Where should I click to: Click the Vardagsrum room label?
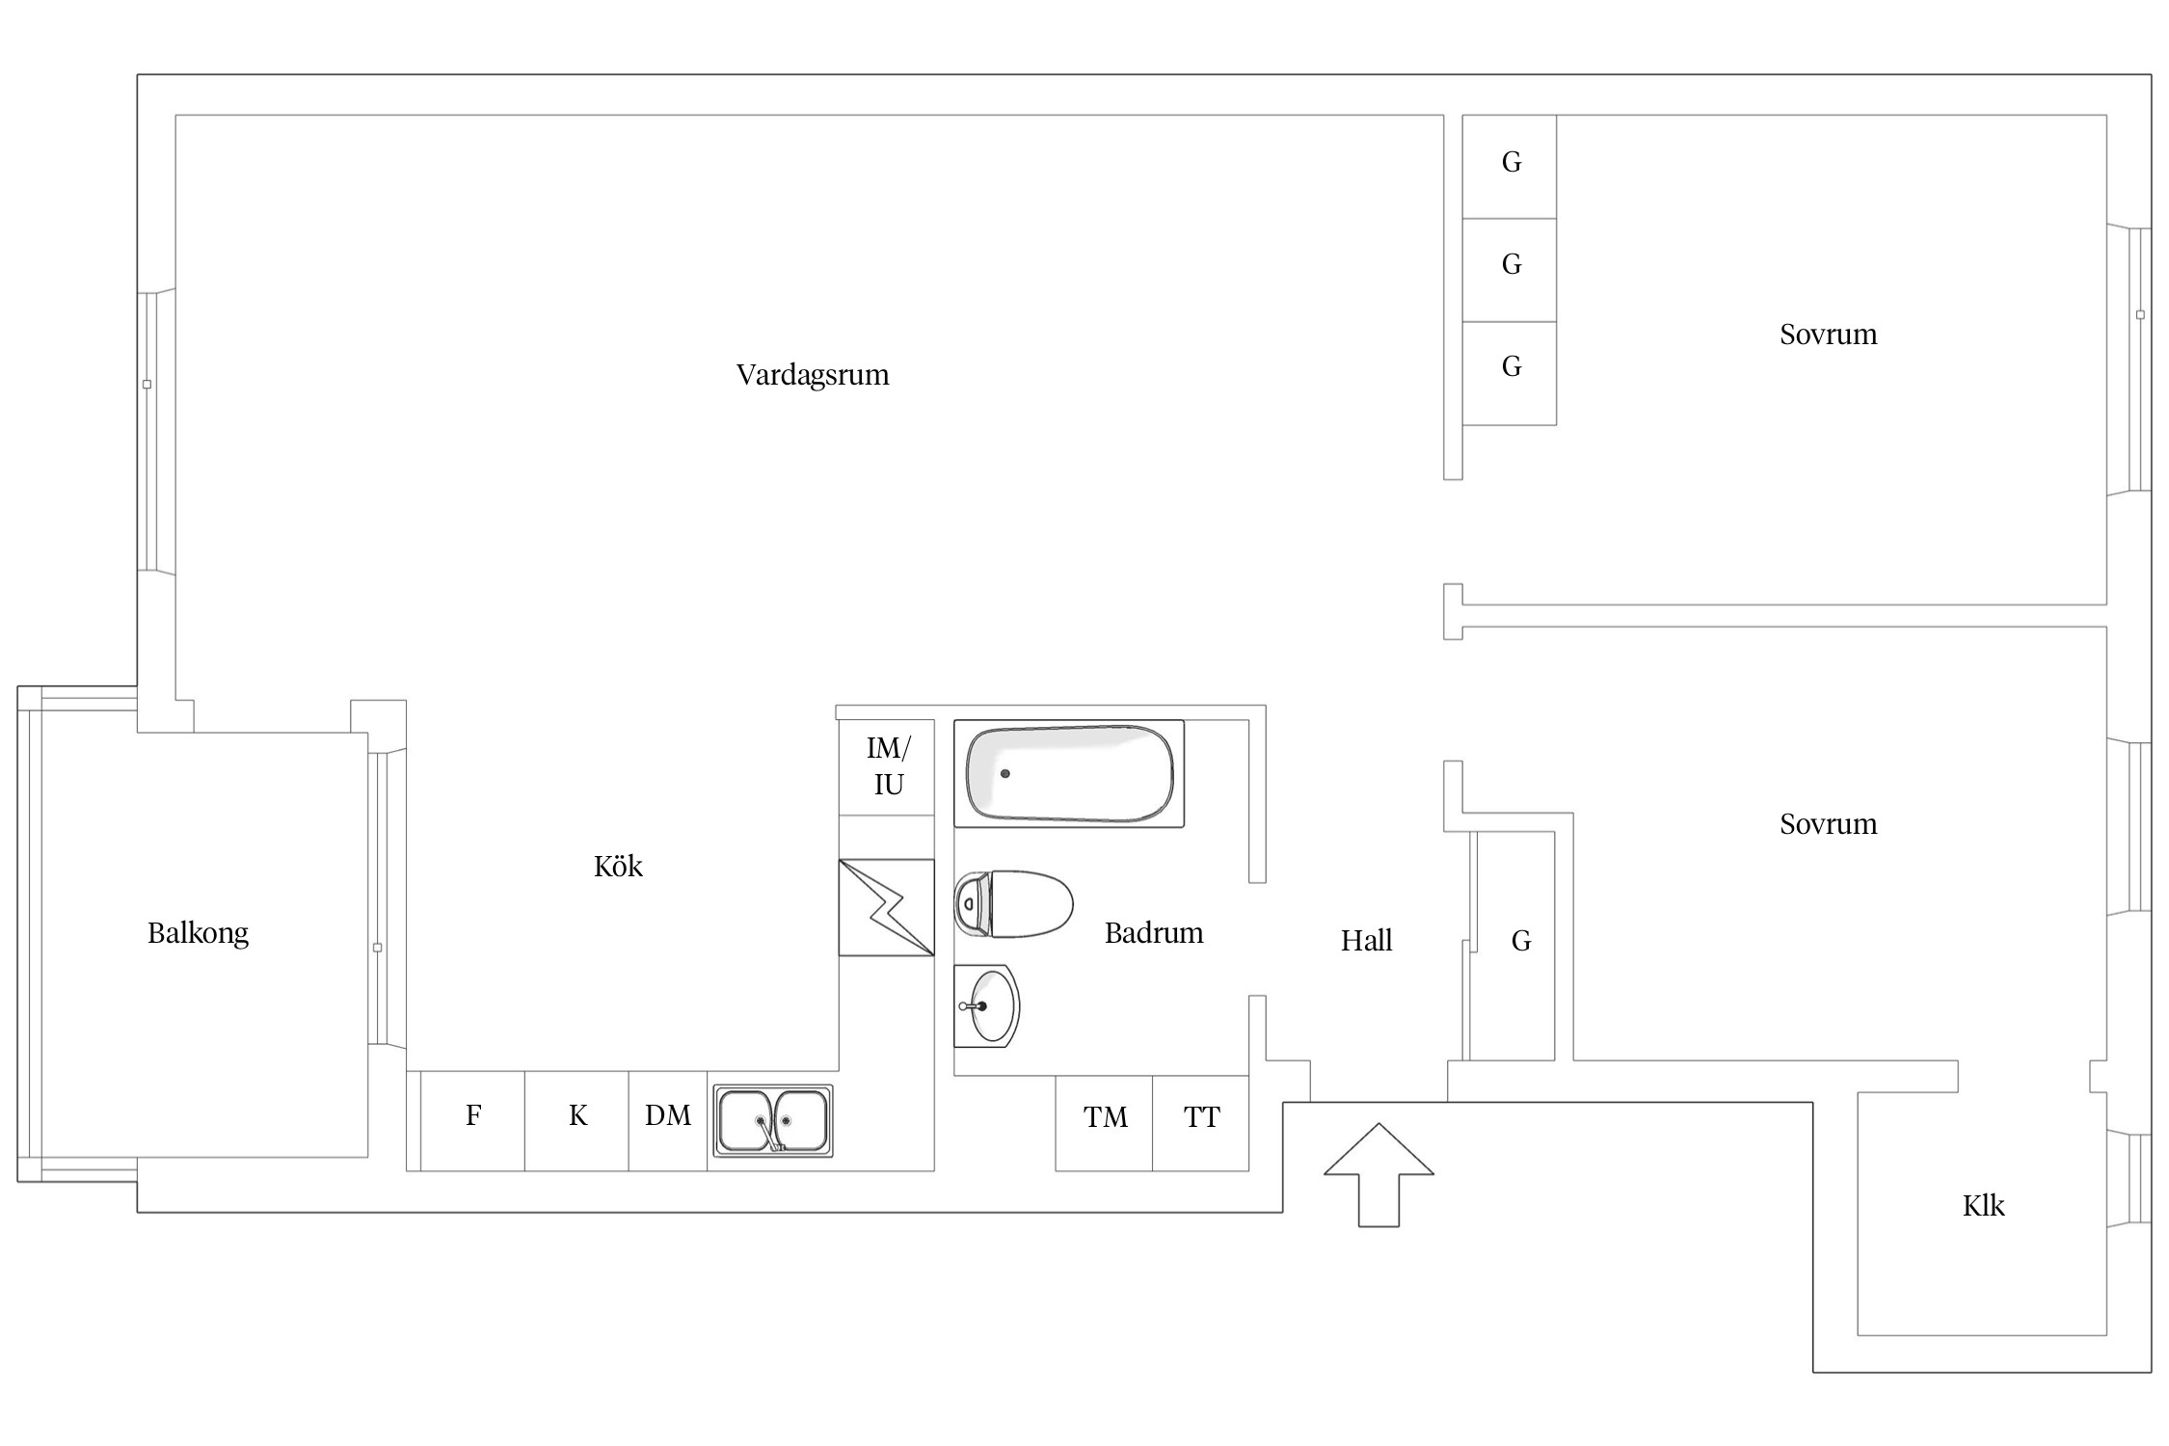pos(813,375)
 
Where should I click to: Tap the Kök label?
pos(618,866)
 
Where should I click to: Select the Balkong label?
pos(198,933)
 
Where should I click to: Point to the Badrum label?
pos(1154,932)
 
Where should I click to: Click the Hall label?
pos(1366,940)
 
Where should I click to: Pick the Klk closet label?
pos(1983,1205)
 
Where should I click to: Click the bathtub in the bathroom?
pos(1069,773)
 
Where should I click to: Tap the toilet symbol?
pos(1013,904)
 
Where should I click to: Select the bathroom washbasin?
pos(986,1005)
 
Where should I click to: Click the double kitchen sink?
pos(773,1120)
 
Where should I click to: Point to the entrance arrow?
pos(1379,1174)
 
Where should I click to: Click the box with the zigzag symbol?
pos(886,907)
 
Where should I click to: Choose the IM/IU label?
pos(888,765)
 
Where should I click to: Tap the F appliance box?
pos(473,1120)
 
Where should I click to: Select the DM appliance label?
pos(668,1115)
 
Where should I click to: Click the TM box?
pos(1104,1123)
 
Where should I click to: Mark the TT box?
pos(1201,1123)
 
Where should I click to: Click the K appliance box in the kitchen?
pos(576,1120)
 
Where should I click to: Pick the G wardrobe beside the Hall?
pos(1513,946)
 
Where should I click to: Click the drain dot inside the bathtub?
pos(1005,773)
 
